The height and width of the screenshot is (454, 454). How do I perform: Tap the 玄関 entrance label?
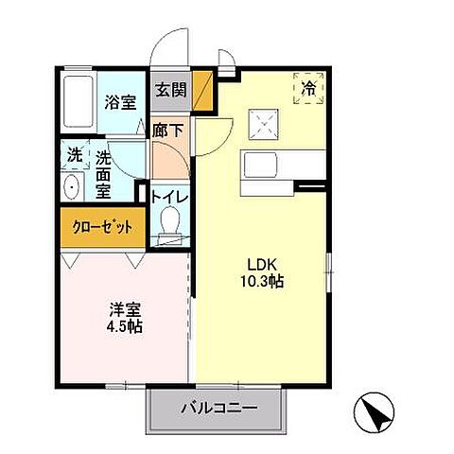coord(171,91)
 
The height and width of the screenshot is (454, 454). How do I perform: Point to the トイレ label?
coord(170,198)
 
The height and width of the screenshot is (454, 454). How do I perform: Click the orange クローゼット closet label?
coord(103,227)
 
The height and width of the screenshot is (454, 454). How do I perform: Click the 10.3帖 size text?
coord(263,282)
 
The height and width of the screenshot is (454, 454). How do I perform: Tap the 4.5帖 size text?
coord(126,324)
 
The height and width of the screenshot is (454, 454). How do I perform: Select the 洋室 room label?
coord(126,307)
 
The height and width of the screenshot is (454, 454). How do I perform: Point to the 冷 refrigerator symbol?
coord(309,89)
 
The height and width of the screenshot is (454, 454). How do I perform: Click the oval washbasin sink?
coord(73,186)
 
